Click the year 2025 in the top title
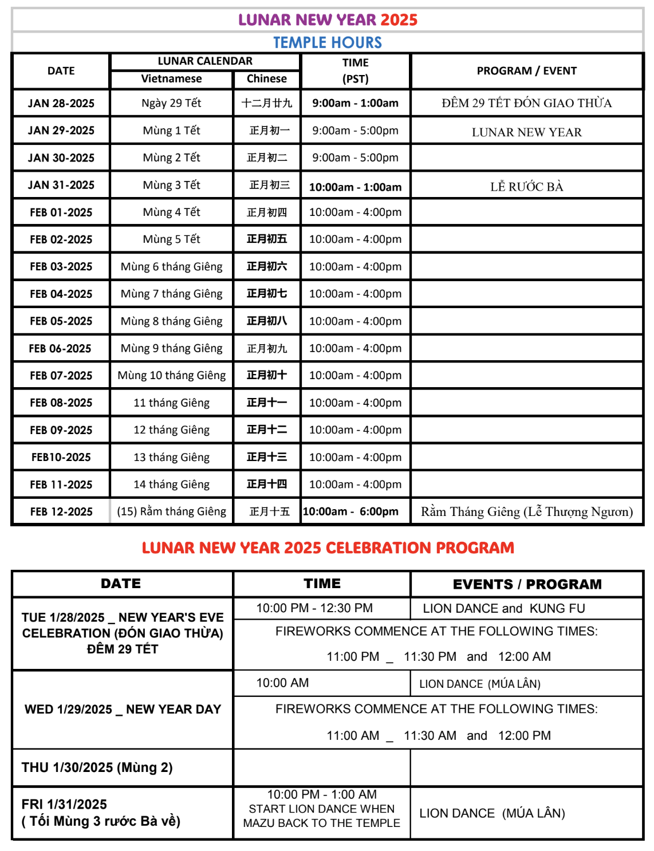click(x=399, y=20)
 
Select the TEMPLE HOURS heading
click(x=328, y=42)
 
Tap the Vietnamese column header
click(x=171, y=79)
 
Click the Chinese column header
click(x=266, y=79)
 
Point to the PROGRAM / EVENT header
click(x=526, y=71)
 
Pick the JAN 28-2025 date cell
click(x=61, y=104)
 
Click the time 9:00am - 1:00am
click(x=355, y=104)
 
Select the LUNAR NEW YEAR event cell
click(x=526, y=132)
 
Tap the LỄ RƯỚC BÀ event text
click(x=526, y=187)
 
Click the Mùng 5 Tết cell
click(x=171, y=239)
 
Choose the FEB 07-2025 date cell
click(x=61, y=376)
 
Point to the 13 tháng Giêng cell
click(x=171, y=458)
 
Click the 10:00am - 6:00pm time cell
click(x=350, y=512)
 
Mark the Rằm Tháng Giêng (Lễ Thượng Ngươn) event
click(x=526, y=512)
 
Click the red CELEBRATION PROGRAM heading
click(x=328, y=548)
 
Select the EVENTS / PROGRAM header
click(x=527, y=584)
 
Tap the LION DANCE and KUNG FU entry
click(x=504, y=609)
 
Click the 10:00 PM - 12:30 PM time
click(x=314, y=608)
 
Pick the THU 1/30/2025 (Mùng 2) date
click(x=97, y=768)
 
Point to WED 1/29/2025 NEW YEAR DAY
click(x=123, y=710)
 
